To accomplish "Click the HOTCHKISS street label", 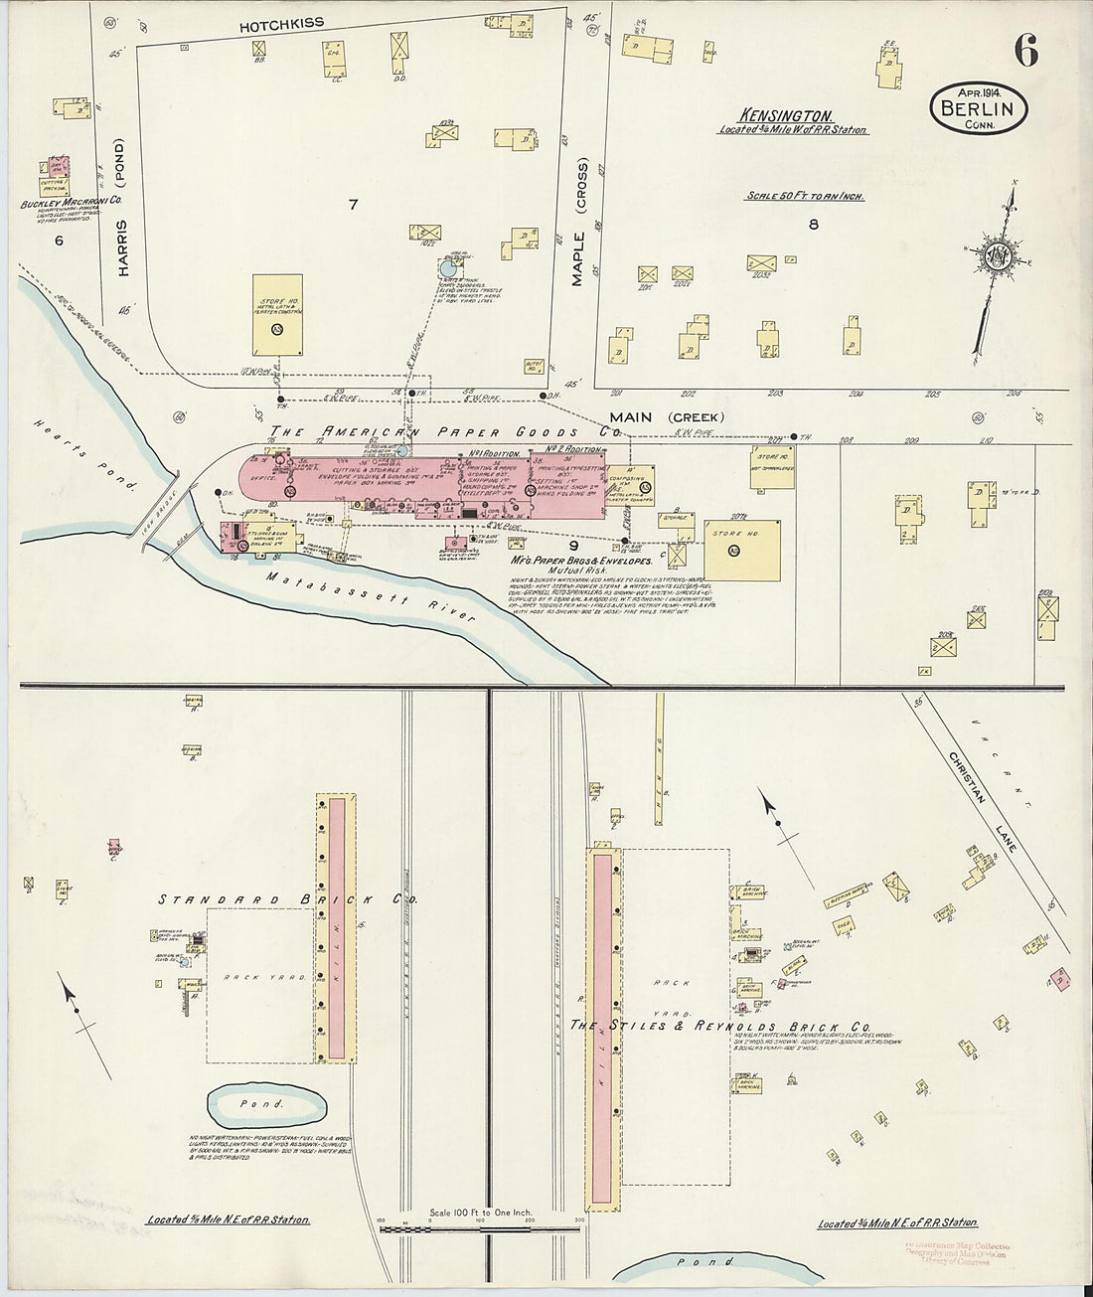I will pyautogui.click(x=281, y=22).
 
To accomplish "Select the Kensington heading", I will pyautogui.click(x=785, y=115).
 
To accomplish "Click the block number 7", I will pyautogui.click(x=352, y=204).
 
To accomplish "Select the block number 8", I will pyautogui.click(x=813, y=225).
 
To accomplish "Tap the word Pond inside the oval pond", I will pyautogui.click(x=265, y=1103).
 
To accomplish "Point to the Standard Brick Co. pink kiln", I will pyautogui.click(x=336, y=927).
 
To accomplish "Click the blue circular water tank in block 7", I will pyautogui.click(x=449, y=266).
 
